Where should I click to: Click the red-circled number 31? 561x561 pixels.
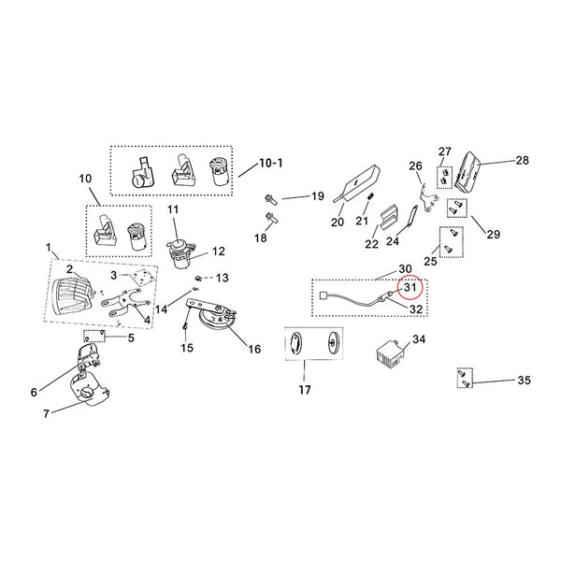coord(410,287)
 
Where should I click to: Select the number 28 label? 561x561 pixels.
coord(521,161)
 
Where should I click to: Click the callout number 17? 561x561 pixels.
coord(300,389)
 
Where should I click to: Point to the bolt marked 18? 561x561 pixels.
coord(272,218)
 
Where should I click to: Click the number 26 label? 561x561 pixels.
coord(416,165)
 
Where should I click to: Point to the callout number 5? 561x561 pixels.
coord(131,336)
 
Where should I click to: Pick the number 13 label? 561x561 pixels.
coord(221,278)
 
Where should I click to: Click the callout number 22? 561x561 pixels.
coord(345,244)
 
